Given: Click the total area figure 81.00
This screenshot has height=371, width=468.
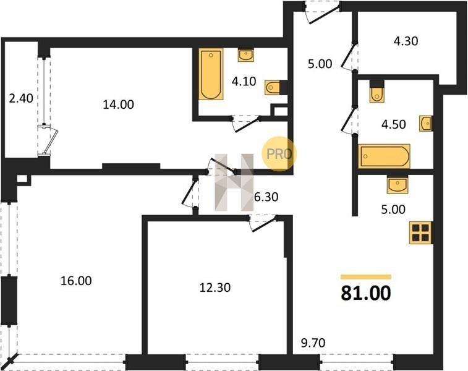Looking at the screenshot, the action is click(366, 293).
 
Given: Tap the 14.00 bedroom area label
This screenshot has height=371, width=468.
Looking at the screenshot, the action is click(119, 104).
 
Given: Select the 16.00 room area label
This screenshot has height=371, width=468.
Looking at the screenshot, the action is click(76, 281).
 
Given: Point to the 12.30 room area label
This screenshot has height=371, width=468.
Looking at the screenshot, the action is click(215, 288).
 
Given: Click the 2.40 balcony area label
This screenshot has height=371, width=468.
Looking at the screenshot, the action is click(21, 98).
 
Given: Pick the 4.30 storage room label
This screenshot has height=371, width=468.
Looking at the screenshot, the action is click(406, 41).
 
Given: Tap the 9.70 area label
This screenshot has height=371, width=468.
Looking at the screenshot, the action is click(313, 343).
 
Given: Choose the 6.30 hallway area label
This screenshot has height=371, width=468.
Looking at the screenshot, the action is click(266, 197).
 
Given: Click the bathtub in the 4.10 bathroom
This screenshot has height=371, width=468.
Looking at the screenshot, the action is click(211, 74).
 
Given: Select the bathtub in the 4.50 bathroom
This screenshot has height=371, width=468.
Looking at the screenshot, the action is click(385, 156).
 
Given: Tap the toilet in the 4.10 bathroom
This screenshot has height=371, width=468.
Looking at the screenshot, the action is click(273, 87).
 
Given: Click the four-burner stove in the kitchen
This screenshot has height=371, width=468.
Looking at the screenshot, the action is click(421, 233).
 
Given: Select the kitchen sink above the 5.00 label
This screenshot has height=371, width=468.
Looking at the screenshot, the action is click(398, 184).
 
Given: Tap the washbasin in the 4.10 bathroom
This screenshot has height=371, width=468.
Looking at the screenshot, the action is click(246, 56).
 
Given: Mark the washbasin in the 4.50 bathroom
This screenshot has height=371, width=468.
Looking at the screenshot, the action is click(425, 123).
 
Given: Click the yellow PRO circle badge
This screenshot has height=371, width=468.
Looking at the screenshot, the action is click(279, 154).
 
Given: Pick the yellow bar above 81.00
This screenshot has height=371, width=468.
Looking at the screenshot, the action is click(366, 276).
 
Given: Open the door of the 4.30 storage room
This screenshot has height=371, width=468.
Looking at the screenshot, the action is click(348, 57).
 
